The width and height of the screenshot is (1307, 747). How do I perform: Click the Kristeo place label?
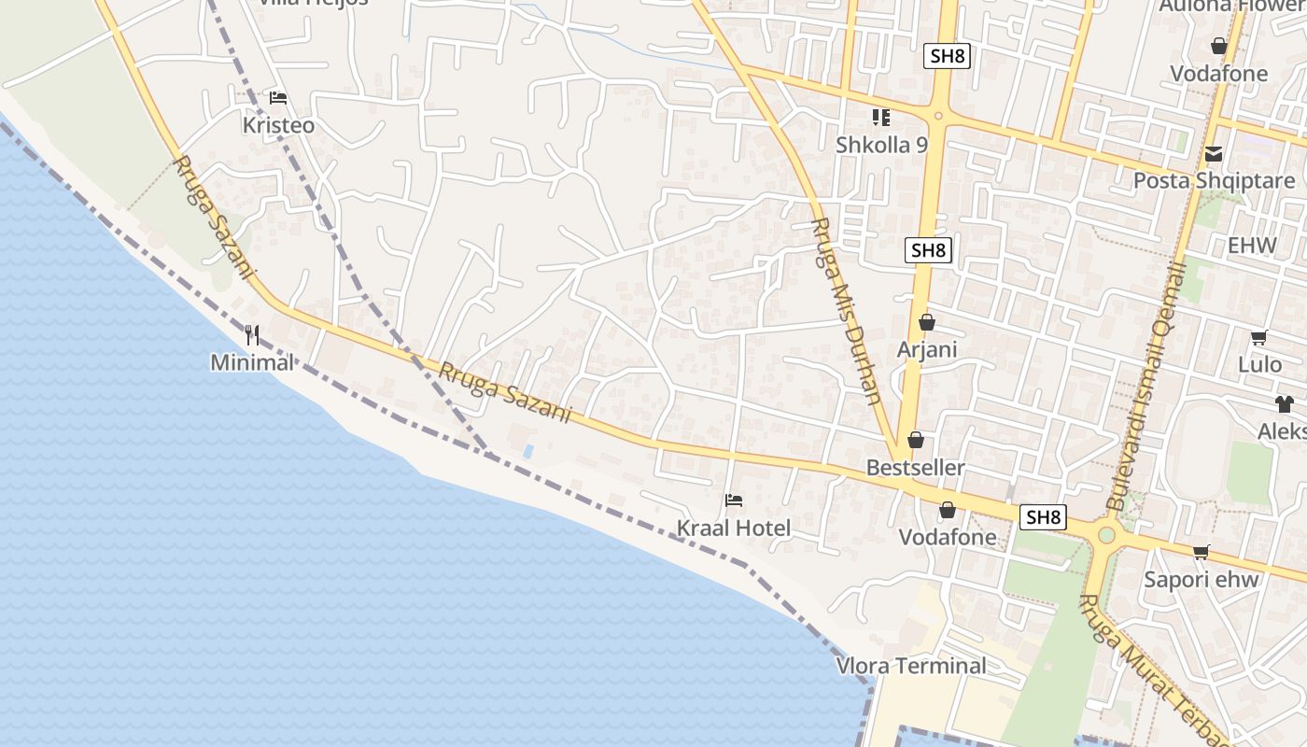(278, 125)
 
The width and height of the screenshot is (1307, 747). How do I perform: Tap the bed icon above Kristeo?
(277, 97)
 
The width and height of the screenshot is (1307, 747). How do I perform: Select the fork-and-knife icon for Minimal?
(252, 335)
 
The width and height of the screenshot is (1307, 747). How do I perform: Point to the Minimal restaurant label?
(252, 362)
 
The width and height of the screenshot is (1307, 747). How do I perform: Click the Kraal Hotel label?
(733, 529)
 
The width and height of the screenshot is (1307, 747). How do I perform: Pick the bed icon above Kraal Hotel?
(734, 500)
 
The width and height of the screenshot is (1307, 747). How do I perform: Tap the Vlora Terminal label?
(911, 666)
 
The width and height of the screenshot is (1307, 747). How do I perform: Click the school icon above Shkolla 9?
(881, 118)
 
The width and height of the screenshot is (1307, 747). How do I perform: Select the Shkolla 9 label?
(881, 145)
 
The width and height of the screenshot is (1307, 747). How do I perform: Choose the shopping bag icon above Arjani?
(927, 323)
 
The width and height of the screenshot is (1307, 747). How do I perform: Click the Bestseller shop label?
(915, 468)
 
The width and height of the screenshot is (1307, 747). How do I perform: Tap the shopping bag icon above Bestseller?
(916, 440)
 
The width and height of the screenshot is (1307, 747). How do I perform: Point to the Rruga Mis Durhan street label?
(847, 310)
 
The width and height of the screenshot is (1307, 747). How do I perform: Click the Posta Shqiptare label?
(1214, 180)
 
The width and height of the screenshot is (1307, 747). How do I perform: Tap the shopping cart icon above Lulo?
(1259, 338)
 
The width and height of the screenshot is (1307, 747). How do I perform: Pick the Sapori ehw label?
(1202, 579)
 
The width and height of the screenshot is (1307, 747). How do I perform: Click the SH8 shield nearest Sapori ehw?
(1043, 516)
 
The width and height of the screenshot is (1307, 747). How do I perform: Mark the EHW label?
(1252, 246)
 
